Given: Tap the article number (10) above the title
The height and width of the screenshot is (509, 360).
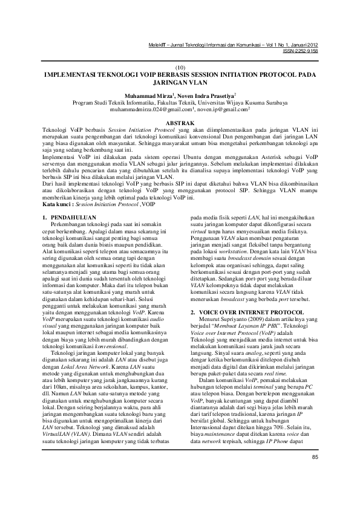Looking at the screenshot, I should tap(180, 68).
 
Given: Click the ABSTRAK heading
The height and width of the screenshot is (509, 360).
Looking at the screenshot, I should tap(180, 122).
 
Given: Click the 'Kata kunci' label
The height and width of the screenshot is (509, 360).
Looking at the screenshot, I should tap(58, 204).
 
